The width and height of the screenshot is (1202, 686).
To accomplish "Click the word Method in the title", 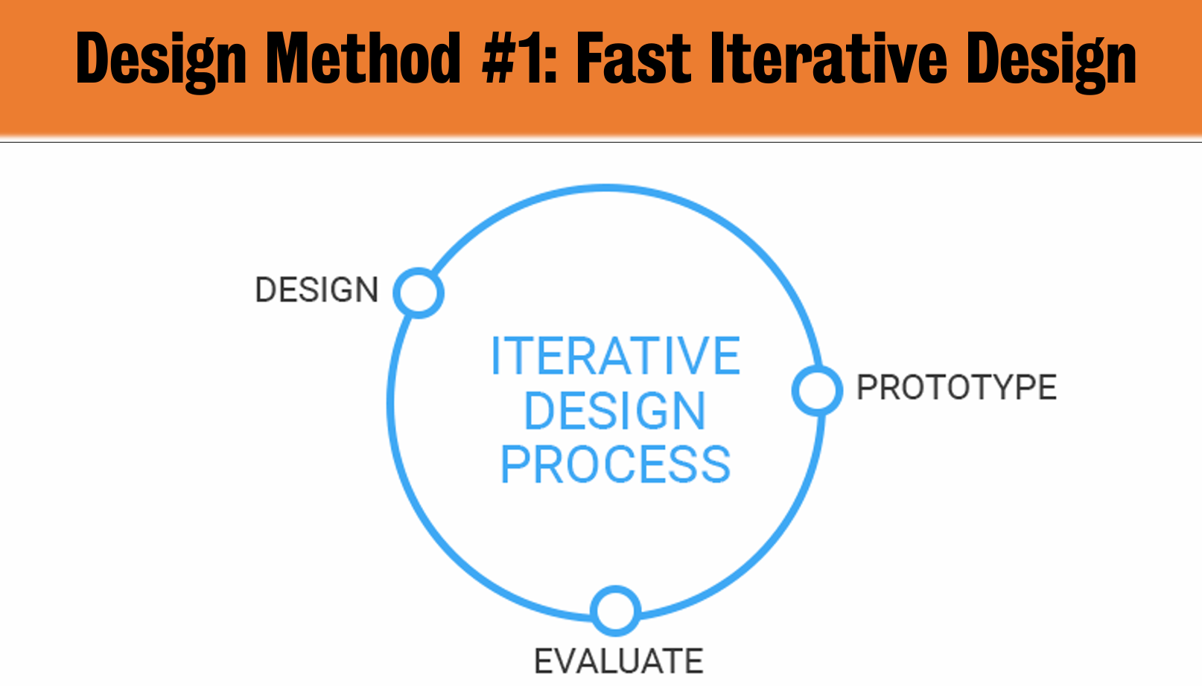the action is (x=363, y=58).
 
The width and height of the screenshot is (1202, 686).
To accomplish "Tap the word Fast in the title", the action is (x=634, y=58).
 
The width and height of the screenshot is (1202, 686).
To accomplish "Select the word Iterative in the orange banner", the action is (x=829, y=58).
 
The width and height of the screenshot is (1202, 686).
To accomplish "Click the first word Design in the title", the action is (x=161, y=62).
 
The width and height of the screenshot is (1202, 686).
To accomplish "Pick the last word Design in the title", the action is (x=1052, y=62).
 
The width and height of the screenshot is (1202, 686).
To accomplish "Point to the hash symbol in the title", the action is (x=500, y=58).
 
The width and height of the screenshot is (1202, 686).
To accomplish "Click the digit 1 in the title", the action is (x=531, y=58).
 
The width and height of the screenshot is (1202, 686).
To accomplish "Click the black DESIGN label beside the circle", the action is (x=317, y=290).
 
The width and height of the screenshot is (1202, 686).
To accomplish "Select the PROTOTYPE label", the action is (x=957, y=387).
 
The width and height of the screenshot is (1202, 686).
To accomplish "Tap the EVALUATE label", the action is (x=619, y=661).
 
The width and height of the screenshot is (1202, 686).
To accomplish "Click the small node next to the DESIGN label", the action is (x=419, y=293).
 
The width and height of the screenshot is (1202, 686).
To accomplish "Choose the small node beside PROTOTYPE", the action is (x=817, y=390).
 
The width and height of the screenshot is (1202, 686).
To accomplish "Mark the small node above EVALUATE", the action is (x=615, y=611).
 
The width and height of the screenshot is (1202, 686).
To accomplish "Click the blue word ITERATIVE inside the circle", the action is (x=616, y=356).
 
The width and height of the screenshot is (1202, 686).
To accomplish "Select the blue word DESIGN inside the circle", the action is (x=615, y=411).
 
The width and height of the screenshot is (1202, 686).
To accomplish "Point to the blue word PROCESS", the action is (x=615, y=465).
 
